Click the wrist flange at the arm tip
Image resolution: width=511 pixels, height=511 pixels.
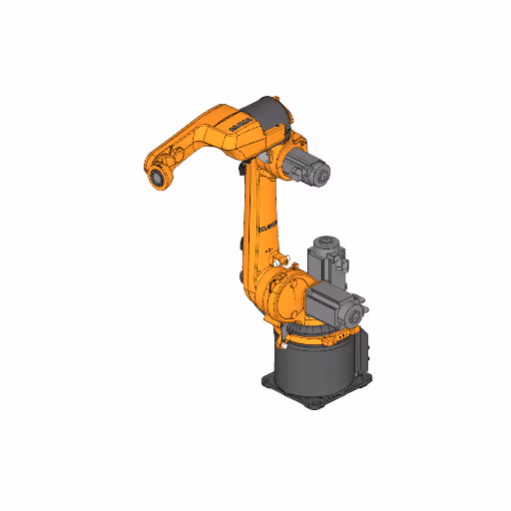pos(157,178)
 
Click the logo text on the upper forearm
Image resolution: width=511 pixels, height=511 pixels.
pos(243,124)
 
